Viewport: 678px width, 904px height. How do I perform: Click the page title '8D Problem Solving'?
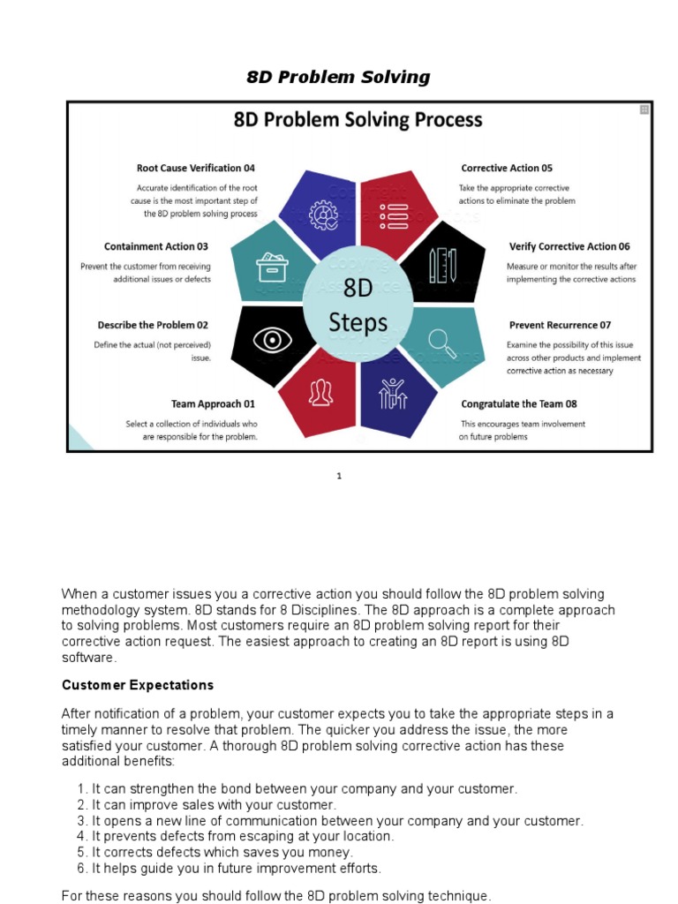[339, 77]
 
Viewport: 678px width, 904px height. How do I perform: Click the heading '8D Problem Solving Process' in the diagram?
[358, 119]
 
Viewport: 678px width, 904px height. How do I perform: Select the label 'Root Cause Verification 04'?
[195, 168]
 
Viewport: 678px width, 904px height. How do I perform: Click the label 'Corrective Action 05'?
[507, 168]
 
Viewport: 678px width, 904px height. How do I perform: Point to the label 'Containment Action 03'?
[156, 246]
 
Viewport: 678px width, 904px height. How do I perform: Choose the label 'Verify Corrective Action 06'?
[569, 246]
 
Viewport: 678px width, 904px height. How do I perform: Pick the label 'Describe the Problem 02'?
[153, 325]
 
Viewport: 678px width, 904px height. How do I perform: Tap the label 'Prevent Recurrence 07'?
[560, 325]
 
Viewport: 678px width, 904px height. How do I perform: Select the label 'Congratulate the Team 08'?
[519, 403]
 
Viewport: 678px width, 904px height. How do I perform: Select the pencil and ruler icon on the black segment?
[441, 265]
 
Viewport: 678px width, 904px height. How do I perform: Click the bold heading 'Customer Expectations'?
[138, 685]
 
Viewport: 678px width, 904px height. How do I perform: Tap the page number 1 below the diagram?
[338, 477]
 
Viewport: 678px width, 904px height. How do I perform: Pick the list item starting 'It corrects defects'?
[215, 852]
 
